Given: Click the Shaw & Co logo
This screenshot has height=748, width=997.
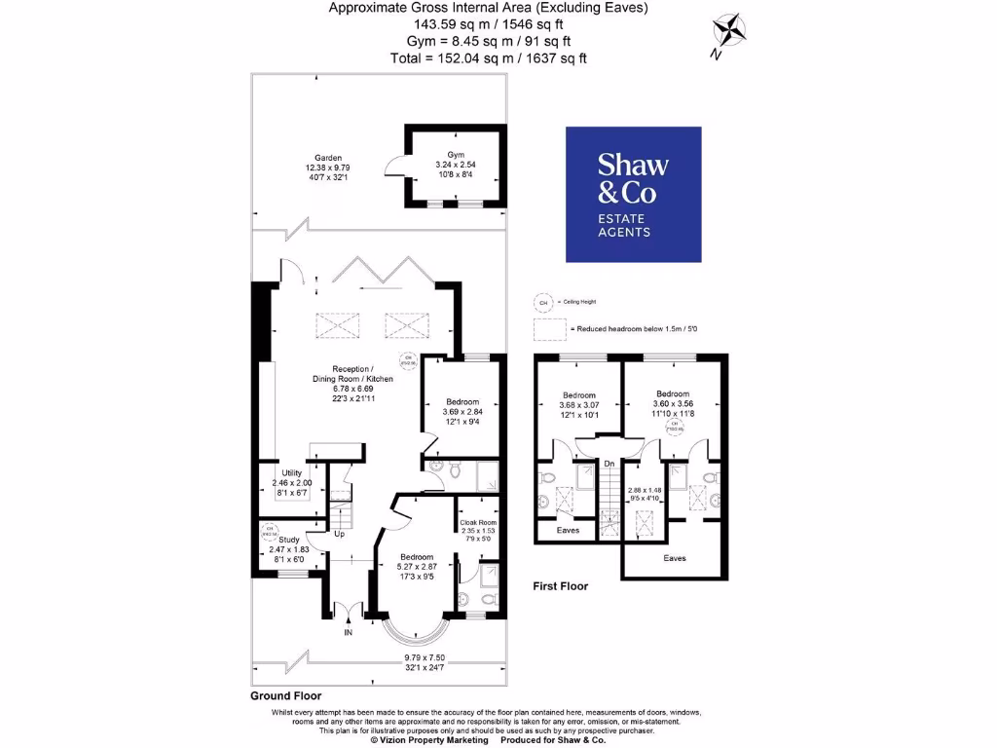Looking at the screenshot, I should click(x=633, y=194).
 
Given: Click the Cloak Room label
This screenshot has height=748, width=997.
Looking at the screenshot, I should click(x=477, y=522).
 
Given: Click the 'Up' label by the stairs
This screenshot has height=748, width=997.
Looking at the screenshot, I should click(x=340, y=534).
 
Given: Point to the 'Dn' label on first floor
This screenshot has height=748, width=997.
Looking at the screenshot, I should click(x=609, y=464).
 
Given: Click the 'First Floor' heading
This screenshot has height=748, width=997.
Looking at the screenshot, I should click(x=560, y=586).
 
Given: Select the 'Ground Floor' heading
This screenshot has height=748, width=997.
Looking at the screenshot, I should click(x=285, y=696).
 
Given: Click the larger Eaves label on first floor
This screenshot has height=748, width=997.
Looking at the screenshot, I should click(x=674, y=558).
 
